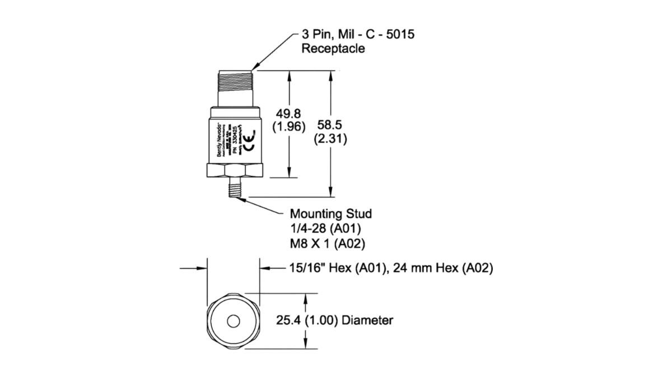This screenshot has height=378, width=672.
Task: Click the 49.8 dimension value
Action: (x=288, y=114)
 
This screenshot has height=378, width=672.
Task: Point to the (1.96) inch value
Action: (x=288, y=127)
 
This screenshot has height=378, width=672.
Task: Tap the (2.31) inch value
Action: (x=331, y=138)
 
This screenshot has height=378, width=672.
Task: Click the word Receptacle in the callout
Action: (x=333, y=49)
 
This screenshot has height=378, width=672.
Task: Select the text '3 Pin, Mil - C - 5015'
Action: (x=358, y=35)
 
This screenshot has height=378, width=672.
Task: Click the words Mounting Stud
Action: (x=330, y=214)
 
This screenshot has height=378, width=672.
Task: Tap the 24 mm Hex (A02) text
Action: (x=442, y=269)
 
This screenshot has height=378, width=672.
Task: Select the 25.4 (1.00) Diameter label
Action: (x=334, y=321)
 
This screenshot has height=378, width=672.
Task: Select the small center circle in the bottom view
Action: (x=234, y=321)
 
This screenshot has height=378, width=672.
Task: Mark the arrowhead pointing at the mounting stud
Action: (x=245, y=197)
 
